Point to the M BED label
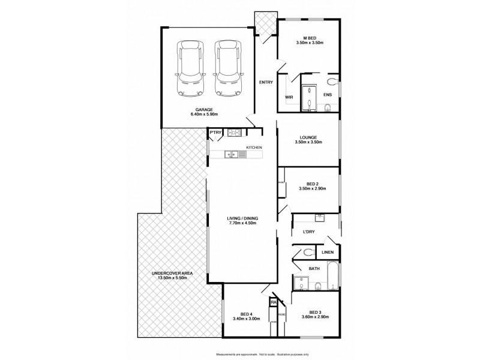(x=310, y=37)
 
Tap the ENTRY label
(x=266, y=82)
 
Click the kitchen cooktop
(x=234, y=133)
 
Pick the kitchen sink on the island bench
(x=231, y=155)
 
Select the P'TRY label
(x=215, y=133)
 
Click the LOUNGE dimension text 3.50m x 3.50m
(x=310, y=142)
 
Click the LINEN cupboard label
(x=327, y=253)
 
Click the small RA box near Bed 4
(x=274, y=304)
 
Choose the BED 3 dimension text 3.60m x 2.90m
(x=316, y=317)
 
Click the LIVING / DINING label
(x=242, y=218)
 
